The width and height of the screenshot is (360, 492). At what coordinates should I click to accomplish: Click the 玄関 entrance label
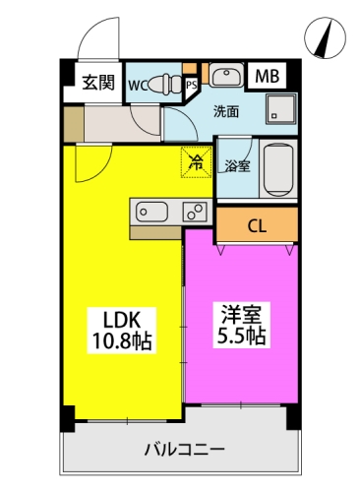pyautogui.click(x=98, y=83)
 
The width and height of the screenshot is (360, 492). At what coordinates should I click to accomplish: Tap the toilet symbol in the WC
pyautogui.click(x=165, y=84)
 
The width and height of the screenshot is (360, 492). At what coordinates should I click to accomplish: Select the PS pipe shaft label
pyautogui.click(x=192, y=85)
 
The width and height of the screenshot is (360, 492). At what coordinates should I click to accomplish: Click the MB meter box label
pyautogui.click(x=268, y=76)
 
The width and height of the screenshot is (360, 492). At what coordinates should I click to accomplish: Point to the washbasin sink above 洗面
pyautogui.click(x=226, y=75)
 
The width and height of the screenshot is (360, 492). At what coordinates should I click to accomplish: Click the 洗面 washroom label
pyautogui.click(x=226, y=112)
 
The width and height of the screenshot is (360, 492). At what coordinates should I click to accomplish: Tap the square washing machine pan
pyautogui.click(x=281, y=109)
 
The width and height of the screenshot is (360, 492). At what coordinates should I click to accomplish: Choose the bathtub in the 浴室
pyautogui.click(x=278, y=168)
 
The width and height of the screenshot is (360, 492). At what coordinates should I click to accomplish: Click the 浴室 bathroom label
pyautogui.click(x=237, y=166)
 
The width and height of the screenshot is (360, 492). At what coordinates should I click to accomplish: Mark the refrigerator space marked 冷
pyautogui.click(x=197, y=162)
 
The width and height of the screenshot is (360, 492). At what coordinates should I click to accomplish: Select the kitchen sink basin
pyautogui.click(x=151, y=212)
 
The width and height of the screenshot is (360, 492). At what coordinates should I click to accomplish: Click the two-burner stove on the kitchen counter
pyautogui.click(x=195, y=212)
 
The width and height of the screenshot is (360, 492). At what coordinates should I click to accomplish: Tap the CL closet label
pyautogui.click(x=257, y=226)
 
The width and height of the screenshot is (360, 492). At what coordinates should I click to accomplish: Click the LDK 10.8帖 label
pyautogui.click(x=122, y=330)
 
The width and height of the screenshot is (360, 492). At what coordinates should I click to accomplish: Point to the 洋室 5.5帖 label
pyautogui.click(x=242, y=325)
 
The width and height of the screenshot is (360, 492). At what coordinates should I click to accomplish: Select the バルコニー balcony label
pyautogui.click(x=185, y=449)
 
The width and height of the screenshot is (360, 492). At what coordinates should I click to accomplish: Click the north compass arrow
pyautogui.click(x=325, y=38)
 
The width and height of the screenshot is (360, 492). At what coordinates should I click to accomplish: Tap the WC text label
pyautogui.click(x=138, y=86)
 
